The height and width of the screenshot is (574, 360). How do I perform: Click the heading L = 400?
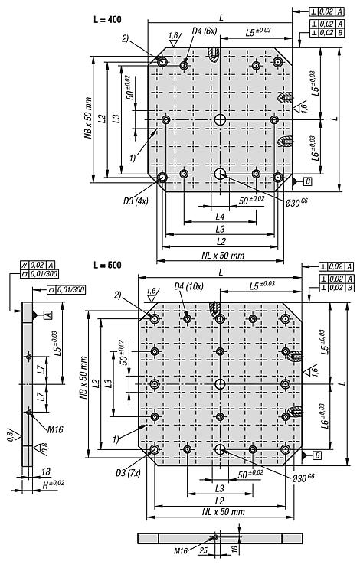[107, 19]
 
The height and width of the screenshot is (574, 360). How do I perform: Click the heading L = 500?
[107, 265]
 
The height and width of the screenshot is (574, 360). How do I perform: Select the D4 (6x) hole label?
[205, 31]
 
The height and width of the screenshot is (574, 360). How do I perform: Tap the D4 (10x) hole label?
[188, 286]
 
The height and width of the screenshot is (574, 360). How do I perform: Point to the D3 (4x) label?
[136, 201]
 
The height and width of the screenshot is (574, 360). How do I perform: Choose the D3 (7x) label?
[128, 473]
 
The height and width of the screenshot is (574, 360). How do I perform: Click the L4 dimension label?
[220, 217]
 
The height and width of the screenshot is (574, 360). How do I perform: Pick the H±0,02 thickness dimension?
[53, 484]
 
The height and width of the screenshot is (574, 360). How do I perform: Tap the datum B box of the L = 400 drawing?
[308, 181]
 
